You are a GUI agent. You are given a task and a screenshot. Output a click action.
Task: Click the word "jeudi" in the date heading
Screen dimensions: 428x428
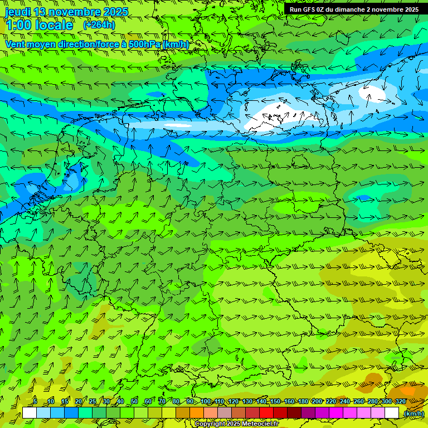point(17,12)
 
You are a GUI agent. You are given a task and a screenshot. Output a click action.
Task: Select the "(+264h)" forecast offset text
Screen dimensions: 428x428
point(99,25)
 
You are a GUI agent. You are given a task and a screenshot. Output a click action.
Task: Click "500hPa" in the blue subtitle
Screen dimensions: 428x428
point(145,44)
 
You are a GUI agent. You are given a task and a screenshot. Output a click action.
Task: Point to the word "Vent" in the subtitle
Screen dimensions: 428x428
point(16,44)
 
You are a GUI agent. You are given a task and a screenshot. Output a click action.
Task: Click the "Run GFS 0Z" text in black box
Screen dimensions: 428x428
point(308,9)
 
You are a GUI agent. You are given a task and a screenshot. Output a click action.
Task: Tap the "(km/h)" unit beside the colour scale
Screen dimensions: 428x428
point(414,414)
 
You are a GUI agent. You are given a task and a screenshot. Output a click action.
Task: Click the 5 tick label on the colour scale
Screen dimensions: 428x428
point(35,402)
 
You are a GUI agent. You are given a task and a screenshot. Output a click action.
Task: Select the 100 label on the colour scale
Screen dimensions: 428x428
point(206,402)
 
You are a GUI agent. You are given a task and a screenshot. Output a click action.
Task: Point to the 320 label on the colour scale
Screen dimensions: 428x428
point(401,402)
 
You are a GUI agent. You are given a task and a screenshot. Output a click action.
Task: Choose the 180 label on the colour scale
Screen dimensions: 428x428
point(303,402)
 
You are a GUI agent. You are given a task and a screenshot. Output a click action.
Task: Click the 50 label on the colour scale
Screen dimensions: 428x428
point(134,402)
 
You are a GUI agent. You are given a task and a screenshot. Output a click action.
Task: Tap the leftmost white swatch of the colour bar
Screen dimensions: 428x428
point(30,413)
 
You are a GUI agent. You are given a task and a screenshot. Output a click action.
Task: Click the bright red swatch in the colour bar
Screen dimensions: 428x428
point(266,413)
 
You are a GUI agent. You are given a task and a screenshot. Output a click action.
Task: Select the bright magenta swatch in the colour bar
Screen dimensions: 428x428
point(336,413)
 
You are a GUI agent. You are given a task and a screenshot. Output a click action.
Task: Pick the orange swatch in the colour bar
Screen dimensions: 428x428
point(197,413)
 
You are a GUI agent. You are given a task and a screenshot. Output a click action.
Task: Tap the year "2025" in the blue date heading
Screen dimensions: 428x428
point(115,12)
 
